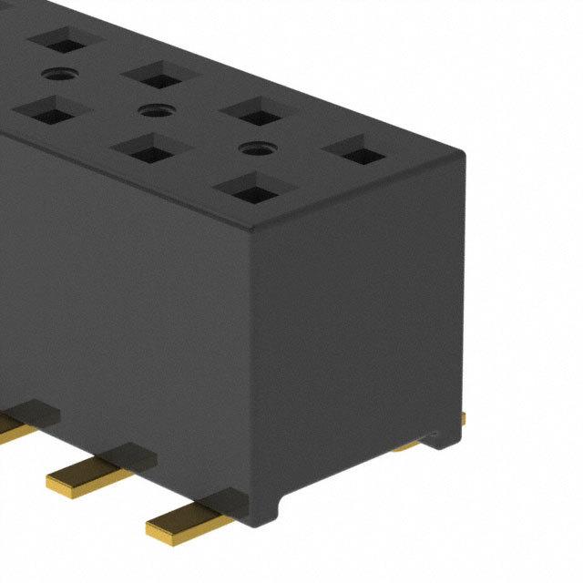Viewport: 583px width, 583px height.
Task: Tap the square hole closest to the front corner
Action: click(249, 189)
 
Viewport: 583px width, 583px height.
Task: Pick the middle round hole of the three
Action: click(152, 110)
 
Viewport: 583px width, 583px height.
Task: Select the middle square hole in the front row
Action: click(147, 148)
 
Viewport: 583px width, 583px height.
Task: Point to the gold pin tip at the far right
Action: click(464, 418)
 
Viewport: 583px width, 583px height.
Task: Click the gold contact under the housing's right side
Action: click(409, 445)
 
